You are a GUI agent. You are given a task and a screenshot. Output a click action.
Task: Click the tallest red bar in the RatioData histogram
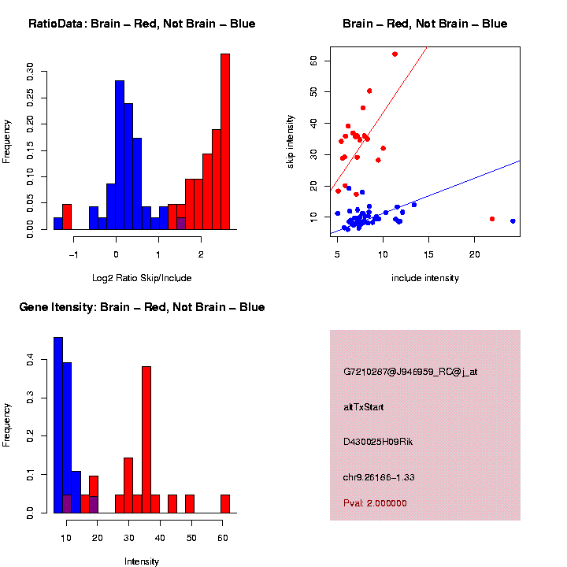point(225,142)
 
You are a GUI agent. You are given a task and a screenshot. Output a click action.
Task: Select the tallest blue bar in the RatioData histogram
point(120,154)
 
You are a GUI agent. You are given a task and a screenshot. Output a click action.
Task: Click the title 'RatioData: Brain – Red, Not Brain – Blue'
point(142,24)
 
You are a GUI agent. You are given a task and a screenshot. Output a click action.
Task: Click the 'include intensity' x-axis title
point(425,278)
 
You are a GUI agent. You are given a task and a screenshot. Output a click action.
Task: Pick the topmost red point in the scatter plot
point(395,54)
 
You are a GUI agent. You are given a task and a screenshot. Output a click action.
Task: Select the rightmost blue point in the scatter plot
point(513,221)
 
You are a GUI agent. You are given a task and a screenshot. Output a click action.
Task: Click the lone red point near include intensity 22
point(492,219)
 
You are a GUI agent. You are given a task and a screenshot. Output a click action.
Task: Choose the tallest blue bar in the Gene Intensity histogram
point(58,425)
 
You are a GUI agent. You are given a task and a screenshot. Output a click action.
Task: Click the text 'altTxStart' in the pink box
point(364,407)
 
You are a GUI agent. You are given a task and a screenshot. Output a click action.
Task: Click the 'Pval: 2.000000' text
point(375,503)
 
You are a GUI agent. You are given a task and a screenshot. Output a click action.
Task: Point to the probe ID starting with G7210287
point(410,372)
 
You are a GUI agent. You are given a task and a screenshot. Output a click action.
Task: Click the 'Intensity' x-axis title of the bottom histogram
point(142,561)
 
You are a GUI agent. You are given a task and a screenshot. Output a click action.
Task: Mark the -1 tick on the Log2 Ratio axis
point(74,254)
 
